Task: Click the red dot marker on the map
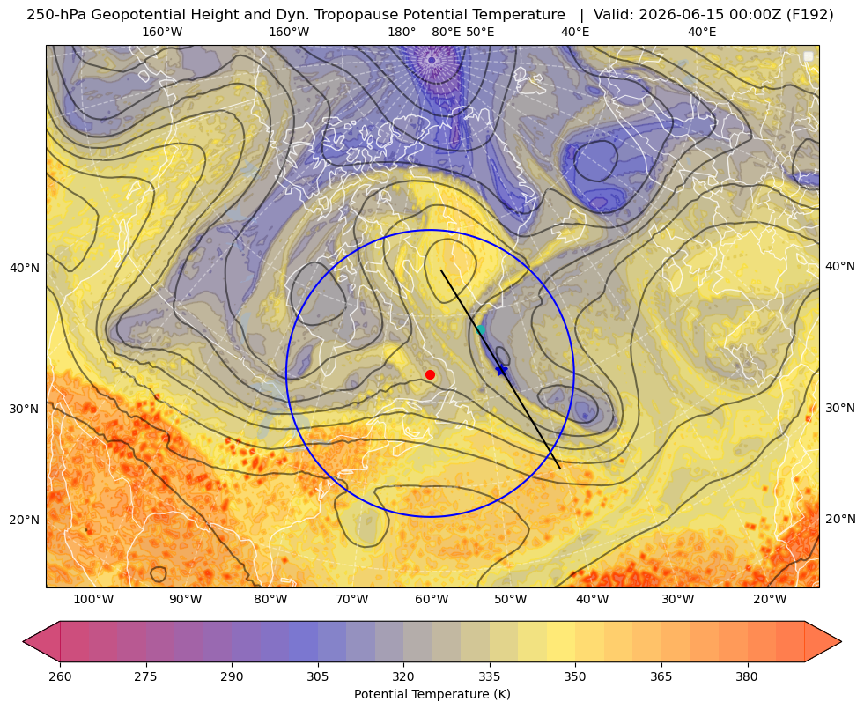click(431, 374)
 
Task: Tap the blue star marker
click(501, 370)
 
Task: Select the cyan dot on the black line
click(481, 329)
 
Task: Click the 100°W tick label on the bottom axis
click(93, 599)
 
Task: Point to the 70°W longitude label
click(351, 599)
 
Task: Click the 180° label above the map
click(402, 32)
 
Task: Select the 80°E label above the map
click(447, 32)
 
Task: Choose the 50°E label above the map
click(480, 32)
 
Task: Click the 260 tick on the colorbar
click(60, 676)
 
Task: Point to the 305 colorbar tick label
click(317, 676)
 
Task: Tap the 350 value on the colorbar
click(575, 676)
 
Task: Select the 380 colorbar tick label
click(747, 676)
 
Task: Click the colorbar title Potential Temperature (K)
click(432, 694)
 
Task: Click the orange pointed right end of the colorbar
click(823, 641)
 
